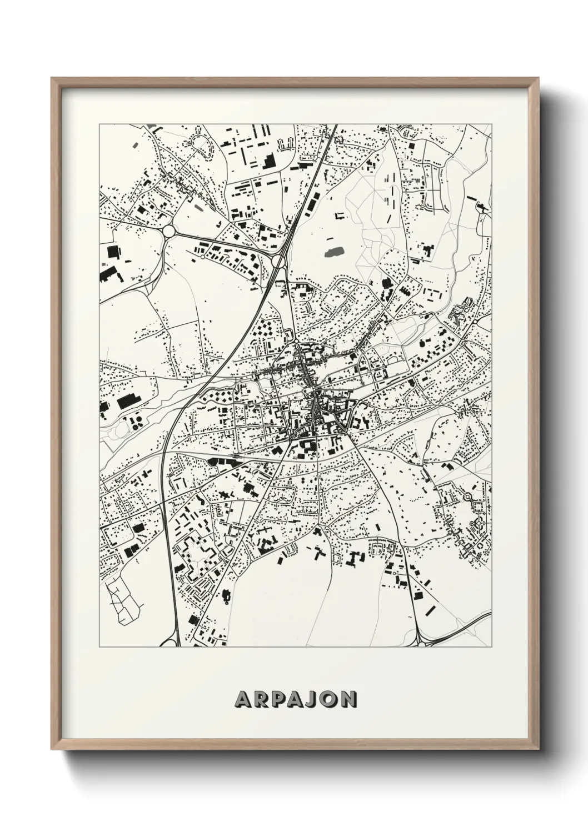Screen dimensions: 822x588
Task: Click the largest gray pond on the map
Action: [333, 253]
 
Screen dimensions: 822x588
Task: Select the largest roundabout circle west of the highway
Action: [169, 230]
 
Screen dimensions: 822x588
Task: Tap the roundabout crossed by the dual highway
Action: [278, 260]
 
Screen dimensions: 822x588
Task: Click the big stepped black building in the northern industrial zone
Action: [268, 160]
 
